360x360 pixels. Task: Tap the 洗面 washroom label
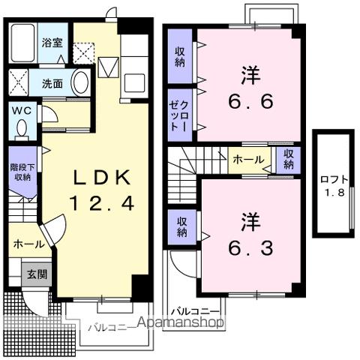[52, 83]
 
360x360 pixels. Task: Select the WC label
[19, 109]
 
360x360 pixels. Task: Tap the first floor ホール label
[27, 244]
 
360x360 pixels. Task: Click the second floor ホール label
[247, 159]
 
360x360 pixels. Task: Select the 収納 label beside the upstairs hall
[289, 159]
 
